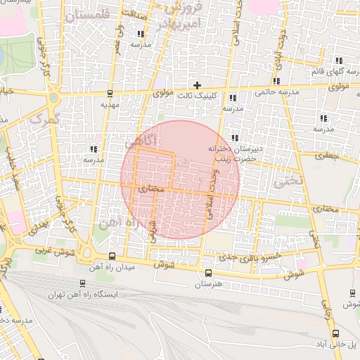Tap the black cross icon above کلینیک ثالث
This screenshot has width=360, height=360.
click(x=198, y=85)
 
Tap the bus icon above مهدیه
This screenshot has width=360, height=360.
click(x=110, y=94)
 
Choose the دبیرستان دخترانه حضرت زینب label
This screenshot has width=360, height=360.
click(x=234, y=154)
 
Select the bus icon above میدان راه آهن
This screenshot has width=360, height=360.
click(x=113, y=257)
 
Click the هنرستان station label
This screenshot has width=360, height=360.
click(x=207, y=284)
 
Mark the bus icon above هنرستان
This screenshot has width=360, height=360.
click(x=207, y=274)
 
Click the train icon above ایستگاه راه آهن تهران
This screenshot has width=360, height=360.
click(x=83, y=284)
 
